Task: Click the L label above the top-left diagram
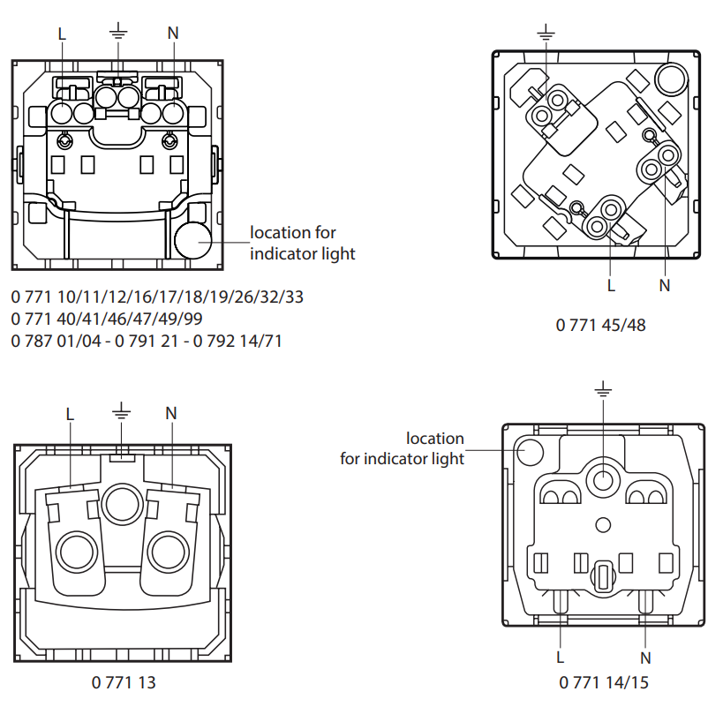62,34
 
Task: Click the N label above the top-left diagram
173,34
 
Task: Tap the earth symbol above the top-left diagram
118,30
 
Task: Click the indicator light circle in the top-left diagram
193,240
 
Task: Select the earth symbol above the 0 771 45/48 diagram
546,33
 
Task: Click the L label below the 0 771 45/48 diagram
611,286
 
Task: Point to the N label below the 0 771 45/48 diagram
665,286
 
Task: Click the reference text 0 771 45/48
601,326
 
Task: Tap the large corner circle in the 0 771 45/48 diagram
671,79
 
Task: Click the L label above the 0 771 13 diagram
70,414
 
